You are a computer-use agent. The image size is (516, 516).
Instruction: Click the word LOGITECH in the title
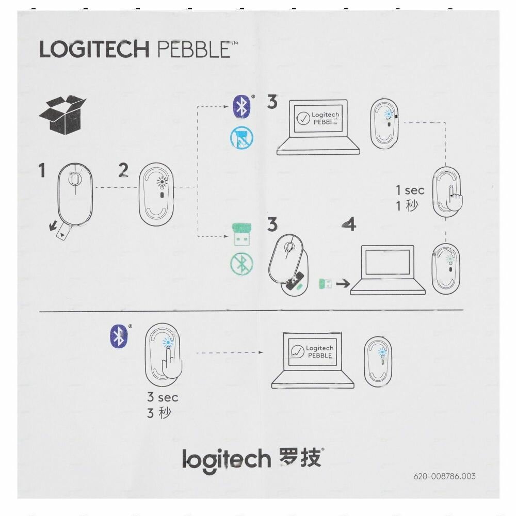click(94, 50)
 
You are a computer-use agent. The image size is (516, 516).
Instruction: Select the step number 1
click(42, 170)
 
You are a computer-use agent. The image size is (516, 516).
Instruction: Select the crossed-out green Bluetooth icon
click(241, 263)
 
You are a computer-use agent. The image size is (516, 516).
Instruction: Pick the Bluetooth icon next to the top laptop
click(241, 106)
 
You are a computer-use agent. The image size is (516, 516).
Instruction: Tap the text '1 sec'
click(410, 190)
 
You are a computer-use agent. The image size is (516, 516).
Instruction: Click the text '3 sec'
click(162, 397)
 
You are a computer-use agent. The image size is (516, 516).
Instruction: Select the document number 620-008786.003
click(444, 476)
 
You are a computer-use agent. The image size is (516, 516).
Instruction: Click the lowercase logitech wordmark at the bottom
click(227, 458)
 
